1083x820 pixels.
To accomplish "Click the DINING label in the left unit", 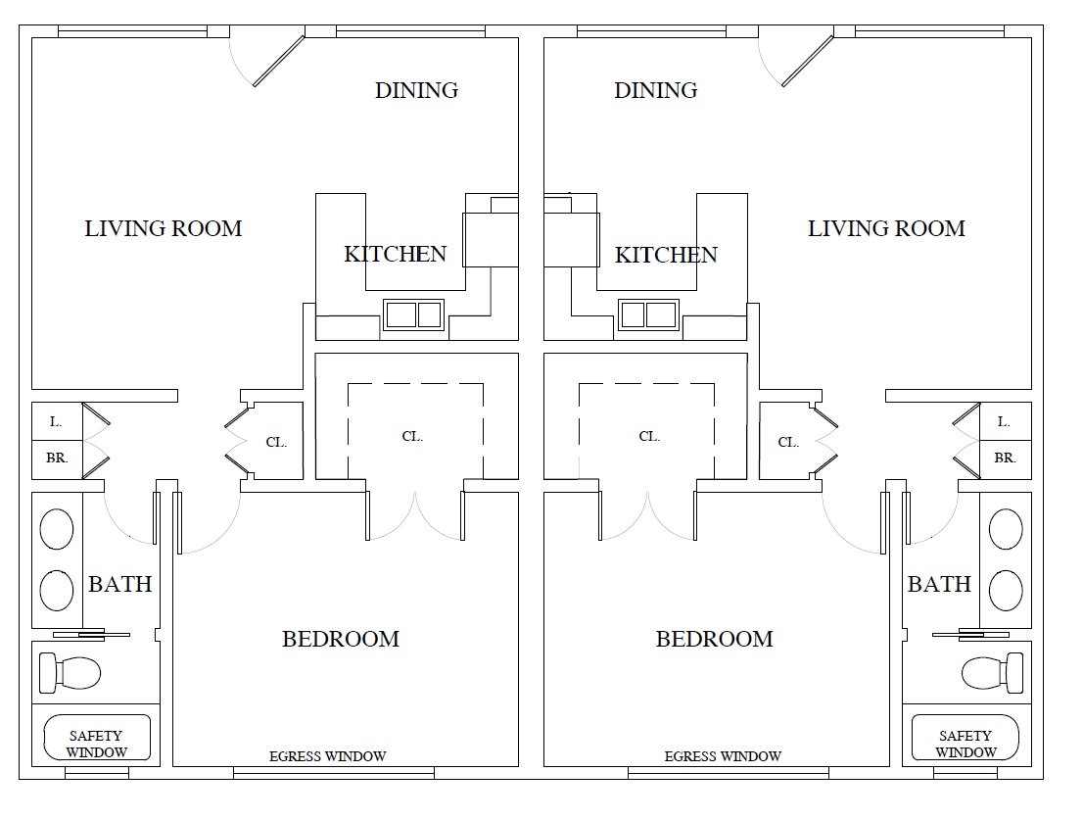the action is click(416, 90).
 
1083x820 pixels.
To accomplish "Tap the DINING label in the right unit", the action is click(655, 90).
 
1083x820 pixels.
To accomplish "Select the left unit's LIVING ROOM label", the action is click(163, 228).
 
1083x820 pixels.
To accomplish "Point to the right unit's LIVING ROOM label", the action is click(886, 228).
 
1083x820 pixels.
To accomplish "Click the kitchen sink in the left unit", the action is click(414, 314).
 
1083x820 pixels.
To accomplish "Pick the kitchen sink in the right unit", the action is click(648, 314).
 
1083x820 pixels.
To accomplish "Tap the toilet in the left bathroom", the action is click(70, 672).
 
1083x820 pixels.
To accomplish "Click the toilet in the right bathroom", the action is click(993, 672).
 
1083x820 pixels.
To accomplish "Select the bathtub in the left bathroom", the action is click(97, 738).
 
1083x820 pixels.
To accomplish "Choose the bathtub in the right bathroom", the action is click(965, 738).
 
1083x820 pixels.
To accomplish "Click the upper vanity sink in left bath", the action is click(57, 529).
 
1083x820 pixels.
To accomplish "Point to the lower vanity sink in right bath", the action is click(1006, 590).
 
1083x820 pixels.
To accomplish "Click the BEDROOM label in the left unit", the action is click(341, 639).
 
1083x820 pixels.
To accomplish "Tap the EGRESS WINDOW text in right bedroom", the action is click(723, 756).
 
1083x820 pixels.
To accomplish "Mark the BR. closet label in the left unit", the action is click(57, 458).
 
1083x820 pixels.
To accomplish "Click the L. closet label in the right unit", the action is click(1004, 421).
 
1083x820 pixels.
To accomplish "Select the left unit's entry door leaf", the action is click(278, 61).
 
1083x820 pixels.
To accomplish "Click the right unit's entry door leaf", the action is click(808, 61).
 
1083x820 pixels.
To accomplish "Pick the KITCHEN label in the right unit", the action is click(666, 255).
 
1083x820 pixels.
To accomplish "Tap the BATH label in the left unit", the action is click(120, 585).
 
